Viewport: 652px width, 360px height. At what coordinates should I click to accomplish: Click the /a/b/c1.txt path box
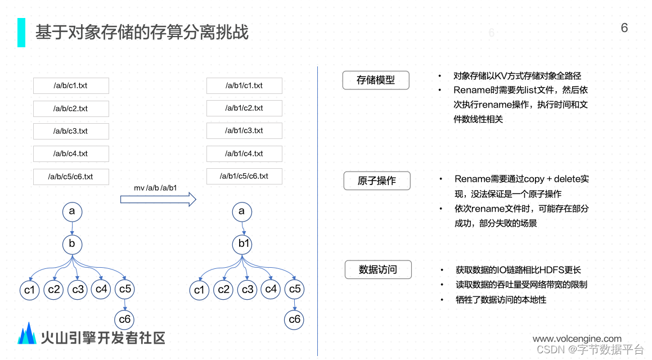coord(71,85)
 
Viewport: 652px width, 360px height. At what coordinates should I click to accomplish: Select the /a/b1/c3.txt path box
coord(244,130)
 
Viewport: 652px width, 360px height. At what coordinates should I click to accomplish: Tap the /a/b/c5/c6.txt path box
coord(71,176)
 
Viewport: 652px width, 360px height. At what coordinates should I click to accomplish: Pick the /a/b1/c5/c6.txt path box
coord(244,176)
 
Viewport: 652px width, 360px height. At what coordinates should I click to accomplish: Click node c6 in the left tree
coord(124,319)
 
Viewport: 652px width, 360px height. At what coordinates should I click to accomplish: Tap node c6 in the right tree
coord(294,319)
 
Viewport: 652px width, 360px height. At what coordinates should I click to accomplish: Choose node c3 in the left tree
coord(78,290)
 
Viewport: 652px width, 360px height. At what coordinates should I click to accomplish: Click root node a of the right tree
coord(242,211)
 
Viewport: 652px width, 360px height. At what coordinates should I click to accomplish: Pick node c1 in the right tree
coord(199,290)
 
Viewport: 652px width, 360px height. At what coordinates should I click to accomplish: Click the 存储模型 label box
coord(376,80)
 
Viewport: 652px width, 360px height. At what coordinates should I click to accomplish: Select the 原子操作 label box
coord(377,181)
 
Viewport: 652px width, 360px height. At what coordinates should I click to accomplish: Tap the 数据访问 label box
coord(378,270)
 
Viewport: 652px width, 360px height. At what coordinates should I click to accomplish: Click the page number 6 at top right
coord(624,28)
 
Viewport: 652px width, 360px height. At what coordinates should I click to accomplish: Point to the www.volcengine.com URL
coord(577,339)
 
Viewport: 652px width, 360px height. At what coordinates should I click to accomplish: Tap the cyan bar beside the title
coord(21,32)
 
